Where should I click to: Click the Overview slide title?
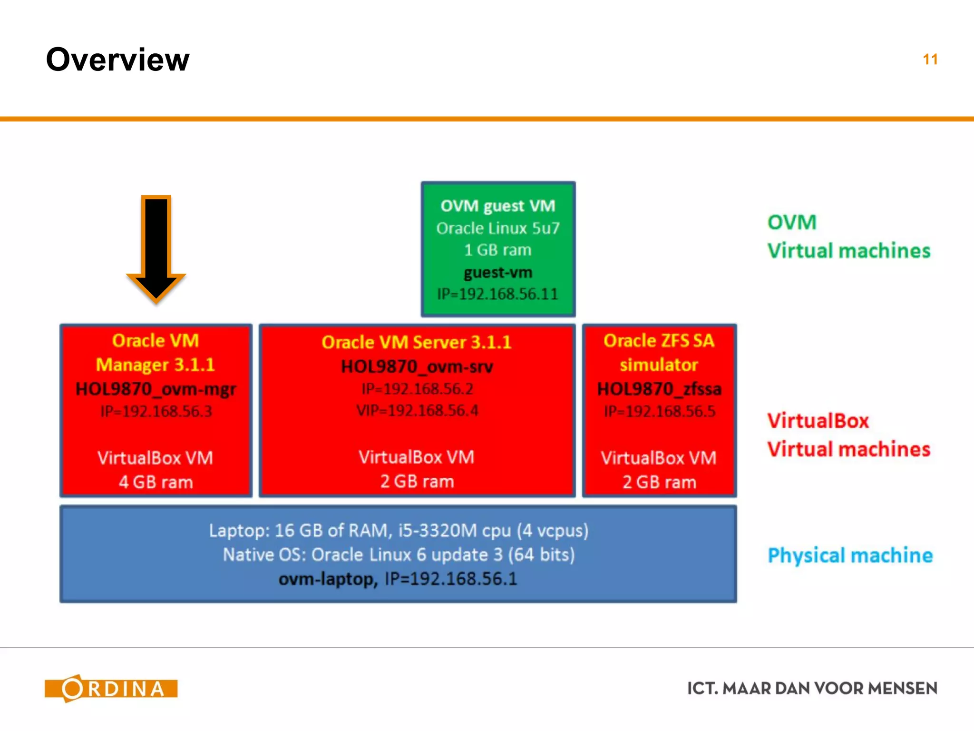coord(117,60)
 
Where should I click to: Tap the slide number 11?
coord(930,59)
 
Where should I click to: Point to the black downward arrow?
coord(156,247)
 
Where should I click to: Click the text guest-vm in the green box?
coord(498,273)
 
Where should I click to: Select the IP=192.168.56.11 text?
coord(497,294)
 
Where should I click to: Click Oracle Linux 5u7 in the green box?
coord(498,228)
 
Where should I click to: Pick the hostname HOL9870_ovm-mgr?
coord(156,389)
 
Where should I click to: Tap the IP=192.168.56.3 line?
coord(156,411)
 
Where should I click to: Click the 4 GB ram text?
coord(156,482)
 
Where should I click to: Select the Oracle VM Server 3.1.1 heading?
coord(417,342)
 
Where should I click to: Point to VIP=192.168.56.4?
coord(417,410)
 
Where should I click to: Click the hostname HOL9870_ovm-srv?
coord(417,367)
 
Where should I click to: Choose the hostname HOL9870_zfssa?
coord(659,389)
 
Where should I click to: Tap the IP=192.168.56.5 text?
coord(659,411)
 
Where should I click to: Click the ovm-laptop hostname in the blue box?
coord(328,579)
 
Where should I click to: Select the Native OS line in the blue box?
coord(399,555)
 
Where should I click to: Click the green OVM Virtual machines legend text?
coord(848,237)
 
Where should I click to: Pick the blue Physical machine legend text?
coord(850,555)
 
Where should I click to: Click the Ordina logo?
coord(111,688)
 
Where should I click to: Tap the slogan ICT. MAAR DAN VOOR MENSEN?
coord(812,688)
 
